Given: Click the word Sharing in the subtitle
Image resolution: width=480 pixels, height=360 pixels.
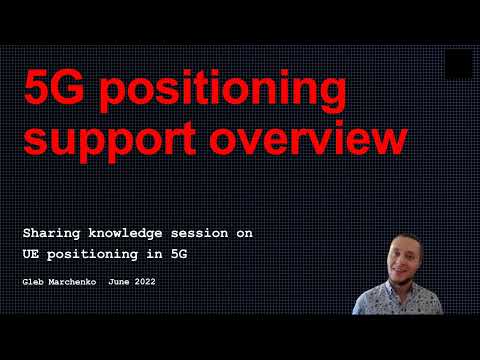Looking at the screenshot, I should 50,233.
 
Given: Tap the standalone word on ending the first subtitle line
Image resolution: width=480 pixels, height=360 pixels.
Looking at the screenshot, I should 244,233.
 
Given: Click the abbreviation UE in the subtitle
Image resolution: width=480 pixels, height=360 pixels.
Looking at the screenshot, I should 30,254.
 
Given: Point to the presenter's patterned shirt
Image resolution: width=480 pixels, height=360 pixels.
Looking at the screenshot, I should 405,300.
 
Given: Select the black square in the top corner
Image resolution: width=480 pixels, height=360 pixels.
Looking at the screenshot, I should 459,64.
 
